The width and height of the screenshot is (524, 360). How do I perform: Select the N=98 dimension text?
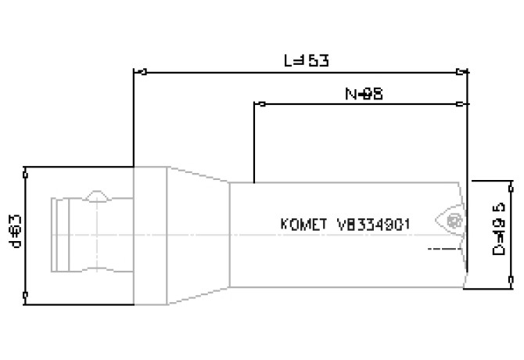tap(363, 92)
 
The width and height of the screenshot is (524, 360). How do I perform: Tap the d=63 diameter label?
tap(14, 232)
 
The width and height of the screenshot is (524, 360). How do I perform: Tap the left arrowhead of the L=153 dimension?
tap(140, 72)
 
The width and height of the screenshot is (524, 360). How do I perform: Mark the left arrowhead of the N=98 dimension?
tap(259, 103)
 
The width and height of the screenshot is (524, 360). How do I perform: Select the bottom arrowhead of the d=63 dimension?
tap(27, 295)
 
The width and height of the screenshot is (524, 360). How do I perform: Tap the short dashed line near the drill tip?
tap(443, 249)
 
